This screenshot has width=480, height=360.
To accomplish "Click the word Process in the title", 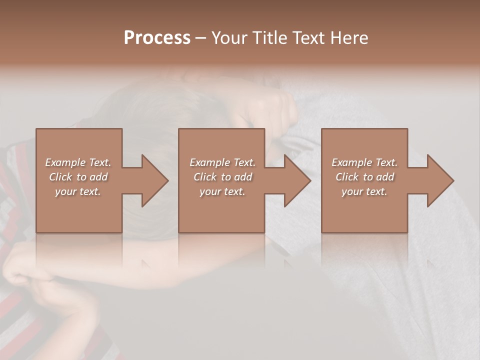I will click(x=157, y=38).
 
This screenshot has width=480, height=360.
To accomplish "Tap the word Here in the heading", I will click(x=349, y=38).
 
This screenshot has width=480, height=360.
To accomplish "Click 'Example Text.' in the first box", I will click(x=78, y=162).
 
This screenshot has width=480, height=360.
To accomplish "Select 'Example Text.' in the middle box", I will click(x=222, y=162).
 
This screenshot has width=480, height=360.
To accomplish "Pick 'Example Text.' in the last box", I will click(x=364, y=162).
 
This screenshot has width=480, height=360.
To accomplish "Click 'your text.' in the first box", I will click(x=78, y=191).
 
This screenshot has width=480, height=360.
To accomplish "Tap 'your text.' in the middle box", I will click(x=222, y=191).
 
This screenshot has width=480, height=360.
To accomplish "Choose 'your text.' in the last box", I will click(x=364, y=191).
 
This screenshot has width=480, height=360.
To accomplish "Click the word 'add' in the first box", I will click(x=99, y=177).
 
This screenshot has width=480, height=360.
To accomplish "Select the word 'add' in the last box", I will click(x=385, y=177).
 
